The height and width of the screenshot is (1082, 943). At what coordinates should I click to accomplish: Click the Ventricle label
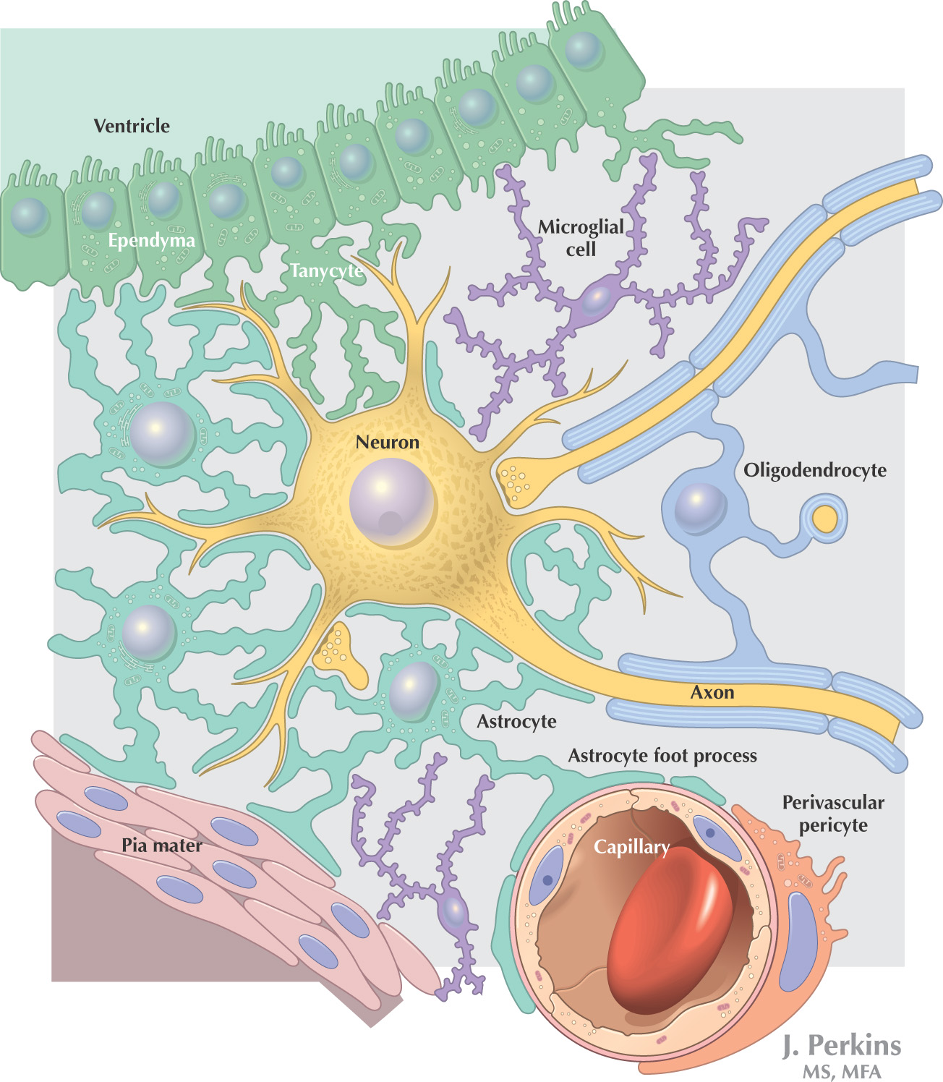132,126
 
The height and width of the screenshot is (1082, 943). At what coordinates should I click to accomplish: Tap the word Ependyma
151,240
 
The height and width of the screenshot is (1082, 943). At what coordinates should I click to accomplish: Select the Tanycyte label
326,270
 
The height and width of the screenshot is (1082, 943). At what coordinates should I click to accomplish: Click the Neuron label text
387,443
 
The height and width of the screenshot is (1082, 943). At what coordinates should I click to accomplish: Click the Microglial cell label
581,238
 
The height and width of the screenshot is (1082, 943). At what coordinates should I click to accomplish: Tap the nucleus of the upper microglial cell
595,300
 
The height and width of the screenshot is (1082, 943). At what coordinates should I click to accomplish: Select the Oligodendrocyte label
815,470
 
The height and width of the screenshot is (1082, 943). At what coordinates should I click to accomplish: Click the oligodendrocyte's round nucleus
699,508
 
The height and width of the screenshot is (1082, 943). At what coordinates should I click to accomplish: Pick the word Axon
712,693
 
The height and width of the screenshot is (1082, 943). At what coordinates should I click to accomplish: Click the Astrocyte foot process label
662,756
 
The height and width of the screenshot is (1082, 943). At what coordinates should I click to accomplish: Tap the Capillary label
631,847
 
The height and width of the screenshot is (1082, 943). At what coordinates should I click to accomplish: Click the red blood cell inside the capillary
669,933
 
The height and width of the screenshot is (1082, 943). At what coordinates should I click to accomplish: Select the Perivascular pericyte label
833,814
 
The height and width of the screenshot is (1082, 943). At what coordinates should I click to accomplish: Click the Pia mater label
161,845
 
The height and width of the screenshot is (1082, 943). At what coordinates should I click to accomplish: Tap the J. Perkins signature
842,1046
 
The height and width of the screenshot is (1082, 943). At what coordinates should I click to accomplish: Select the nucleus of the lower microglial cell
455,913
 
